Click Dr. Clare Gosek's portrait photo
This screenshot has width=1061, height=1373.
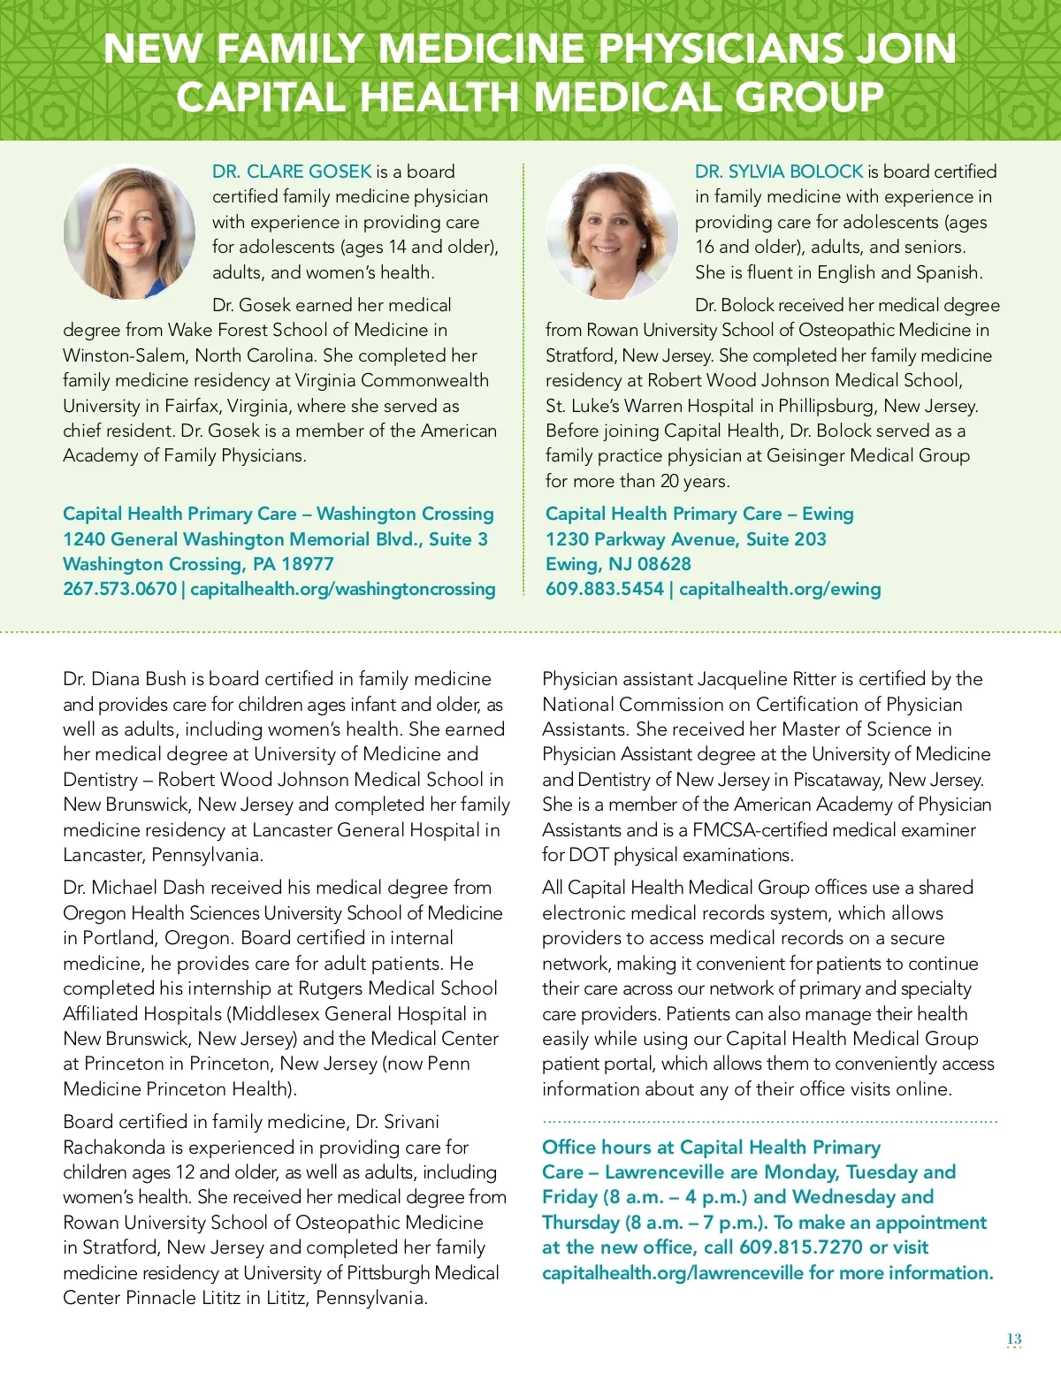tap(130, 231)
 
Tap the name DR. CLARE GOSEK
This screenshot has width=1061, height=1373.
tap(292, 172)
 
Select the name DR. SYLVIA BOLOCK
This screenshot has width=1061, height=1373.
tap(778, 172)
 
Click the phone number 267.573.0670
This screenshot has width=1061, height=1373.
tap(119, 589)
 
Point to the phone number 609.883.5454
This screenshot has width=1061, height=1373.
tap(604, 589)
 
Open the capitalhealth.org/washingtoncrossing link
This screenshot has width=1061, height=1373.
tap(343, 589)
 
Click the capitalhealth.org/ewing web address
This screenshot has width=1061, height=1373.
tap(780, 589)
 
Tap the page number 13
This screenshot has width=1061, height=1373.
tap(1014, 1339)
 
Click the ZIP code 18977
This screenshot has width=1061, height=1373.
tap(305, 564)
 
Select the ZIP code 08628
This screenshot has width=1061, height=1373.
tap(662, 564)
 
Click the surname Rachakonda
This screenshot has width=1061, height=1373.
tap(114, 1148)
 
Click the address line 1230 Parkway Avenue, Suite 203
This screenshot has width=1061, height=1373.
tap(685, 539)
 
